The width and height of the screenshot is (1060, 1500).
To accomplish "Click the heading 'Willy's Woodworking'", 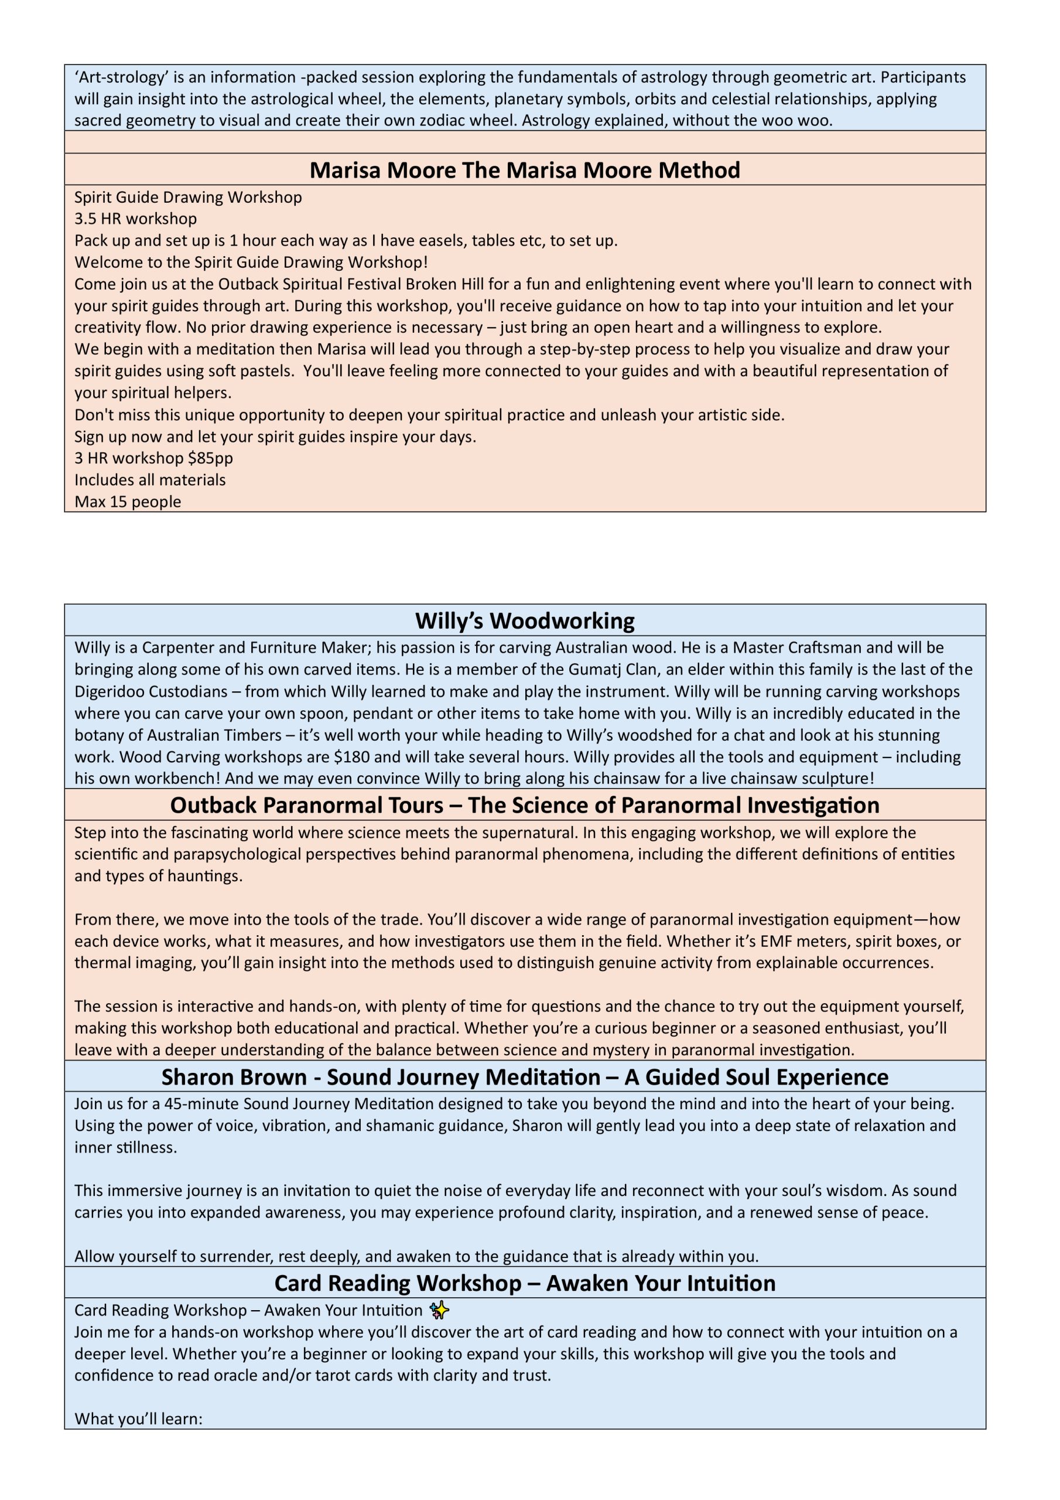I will pyautogui.click(x=525, y=621).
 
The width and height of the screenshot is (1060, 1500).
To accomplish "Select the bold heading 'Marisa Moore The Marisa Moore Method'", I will pyautogui.click(x=525, y=170).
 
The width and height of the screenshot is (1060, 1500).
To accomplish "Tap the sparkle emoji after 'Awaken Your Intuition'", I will pyautogui.click(x=440, y=1310).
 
